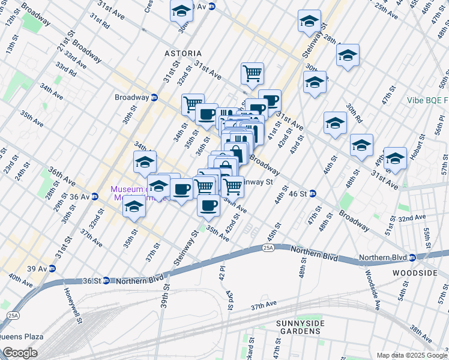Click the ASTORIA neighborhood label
point(183,53)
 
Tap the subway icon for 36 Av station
point(94,196)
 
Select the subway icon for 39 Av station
point(52,268)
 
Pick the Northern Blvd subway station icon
point(412,258)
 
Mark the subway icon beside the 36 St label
point(106,280)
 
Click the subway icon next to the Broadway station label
point(154,97)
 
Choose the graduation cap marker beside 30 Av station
point(181,10)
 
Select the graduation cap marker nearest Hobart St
point(394,159)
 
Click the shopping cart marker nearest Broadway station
point(192,104)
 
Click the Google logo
point(20,353)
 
